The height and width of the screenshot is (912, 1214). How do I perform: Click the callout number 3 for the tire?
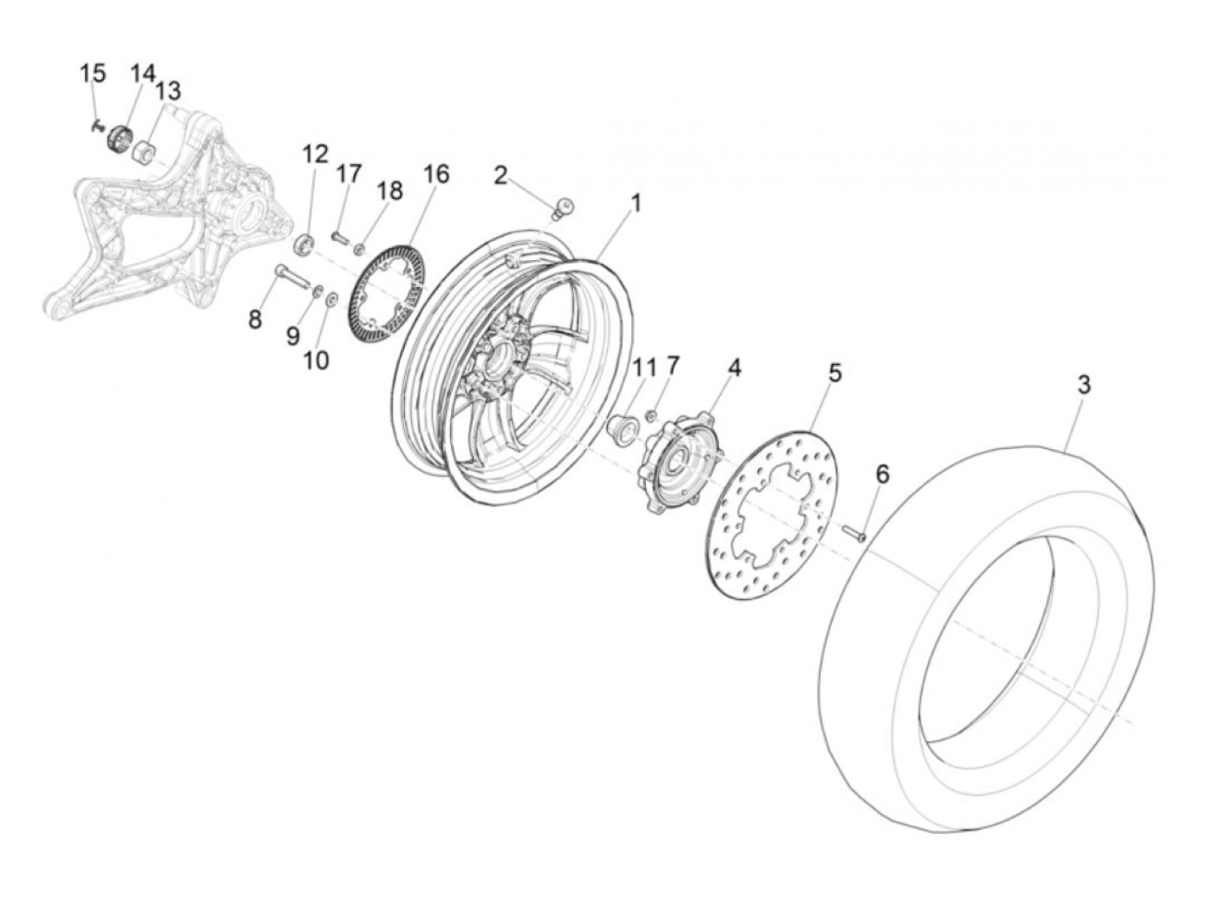(1084, 385)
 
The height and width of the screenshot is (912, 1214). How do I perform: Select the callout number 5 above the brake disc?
(834, 374)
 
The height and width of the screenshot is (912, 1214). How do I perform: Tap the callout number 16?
(436, 174)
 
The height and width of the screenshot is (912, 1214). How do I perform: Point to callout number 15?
(93, 74)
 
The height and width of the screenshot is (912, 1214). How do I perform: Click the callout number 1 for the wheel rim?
(636, 204)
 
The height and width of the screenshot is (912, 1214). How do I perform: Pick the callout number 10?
(317, 360)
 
